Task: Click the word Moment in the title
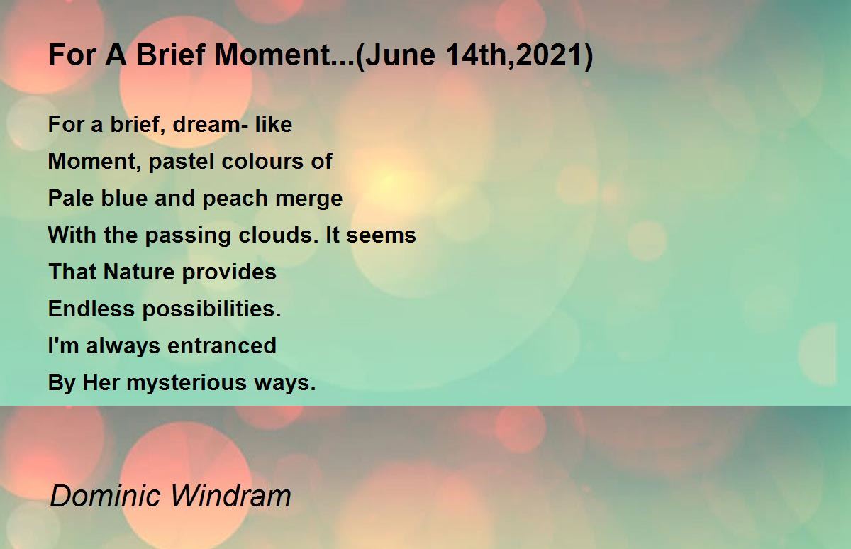272,55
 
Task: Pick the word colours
263,161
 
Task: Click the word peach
235,199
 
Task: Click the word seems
381,235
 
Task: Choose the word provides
229,272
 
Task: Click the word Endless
91,309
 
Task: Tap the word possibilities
211,309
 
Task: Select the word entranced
222,345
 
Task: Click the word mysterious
187,383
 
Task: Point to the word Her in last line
101,382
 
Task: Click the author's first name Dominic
105,497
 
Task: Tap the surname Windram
230,497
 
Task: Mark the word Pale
71,198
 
